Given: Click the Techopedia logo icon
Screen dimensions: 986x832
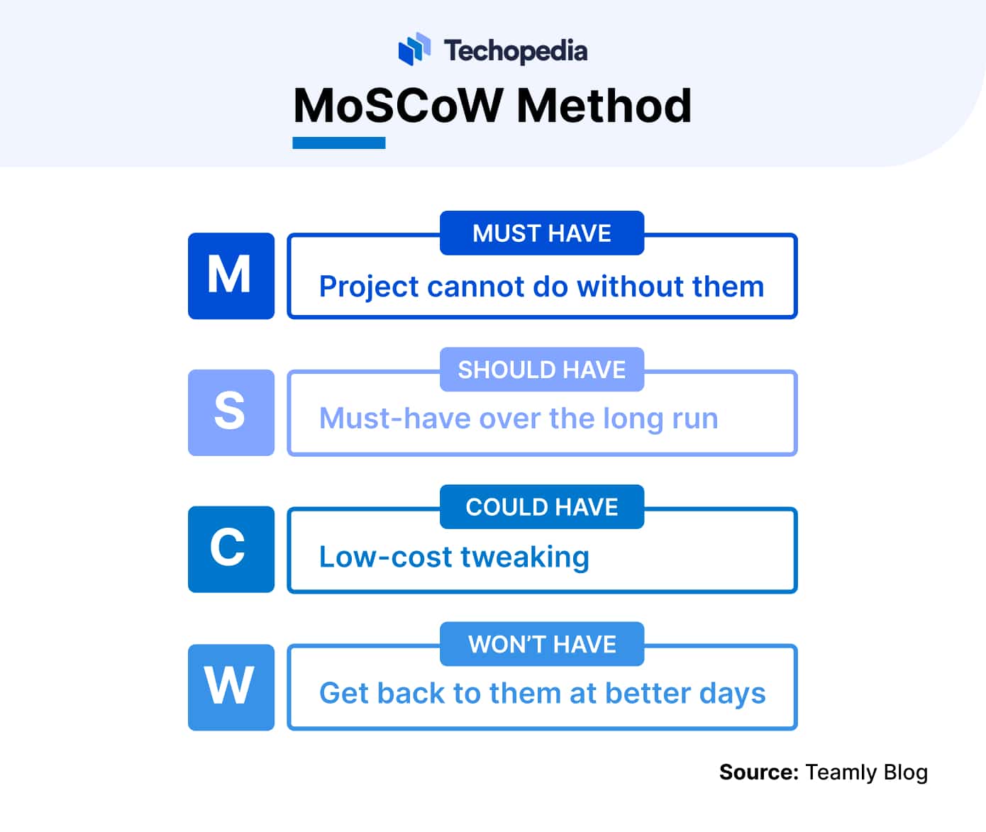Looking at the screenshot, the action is [x=414, y=49].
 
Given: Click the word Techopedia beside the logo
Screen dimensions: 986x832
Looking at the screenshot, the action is [x=516, y=52].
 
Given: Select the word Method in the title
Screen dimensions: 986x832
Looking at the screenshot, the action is [x=604, y=106].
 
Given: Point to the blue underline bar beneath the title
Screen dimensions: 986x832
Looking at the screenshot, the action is [x=339, y=143].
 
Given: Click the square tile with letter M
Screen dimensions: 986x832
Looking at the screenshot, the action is [x=231, y=276].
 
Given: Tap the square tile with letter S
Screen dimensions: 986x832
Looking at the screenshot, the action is [x=231, y=412].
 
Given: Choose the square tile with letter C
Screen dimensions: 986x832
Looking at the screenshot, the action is [x=231, y=549].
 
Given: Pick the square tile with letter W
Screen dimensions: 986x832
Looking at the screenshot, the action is [x=231, y=687].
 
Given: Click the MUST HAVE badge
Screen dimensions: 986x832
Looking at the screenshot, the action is [x=542, y=233].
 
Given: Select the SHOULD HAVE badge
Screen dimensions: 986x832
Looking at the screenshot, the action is [x=542, y=370].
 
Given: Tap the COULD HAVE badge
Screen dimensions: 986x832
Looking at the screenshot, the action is [x=542, y=506].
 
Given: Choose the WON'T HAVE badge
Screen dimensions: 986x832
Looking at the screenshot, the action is [x=542, y=643].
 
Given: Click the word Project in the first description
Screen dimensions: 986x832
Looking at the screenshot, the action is [x=370, y=287].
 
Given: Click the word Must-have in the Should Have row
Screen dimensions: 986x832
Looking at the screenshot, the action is [x=395, y=418].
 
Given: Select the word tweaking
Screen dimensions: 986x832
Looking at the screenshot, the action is [x=525, y=558].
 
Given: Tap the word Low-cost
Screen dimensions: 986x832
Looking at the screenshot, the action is [x=386, y=556].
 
